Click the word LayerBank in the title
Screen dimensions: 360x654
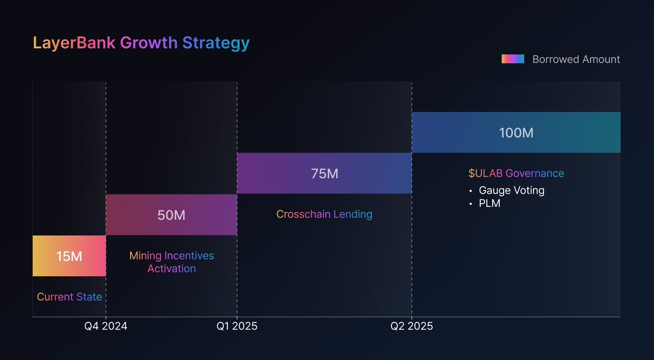point(74,43)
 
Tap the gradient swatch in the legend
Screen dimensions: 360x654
point(512,59)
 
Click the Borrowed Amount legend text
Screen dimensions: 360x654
point(576,59)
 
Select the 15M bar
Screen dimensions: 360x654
point(69,256)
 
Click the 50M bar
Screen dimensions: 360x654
point(171,215)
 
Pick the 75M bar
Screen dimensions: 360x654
point(324,173)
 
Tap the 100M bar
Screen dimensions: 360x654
point(516,132)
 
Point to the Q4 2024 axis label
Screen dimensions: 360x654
point(106,326)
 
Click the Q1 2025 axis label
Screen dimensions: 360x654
point(237,326)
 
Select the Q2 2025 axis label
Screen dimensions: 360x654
point(411,326)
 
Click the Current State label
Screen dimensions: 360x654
point(69,297)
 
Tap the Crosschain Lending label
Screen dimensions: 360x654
point(324,214)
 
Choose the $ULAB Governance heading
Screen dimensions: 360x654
point(516,173)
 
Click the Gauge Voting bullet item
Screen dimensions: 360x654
point(511,190)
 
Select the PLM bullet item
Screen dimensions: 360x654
point(489,204)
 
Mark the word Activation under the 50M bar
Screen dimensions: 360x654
point(171,269)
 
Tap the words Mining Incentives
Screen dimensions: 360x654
point(171,255)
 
